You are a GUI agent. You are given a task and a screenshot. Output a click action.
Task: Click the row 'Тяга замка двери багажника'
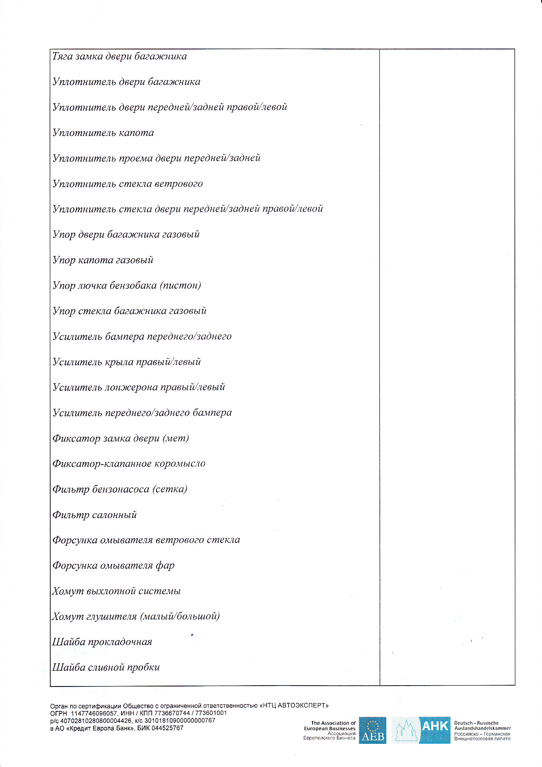pos(119,56)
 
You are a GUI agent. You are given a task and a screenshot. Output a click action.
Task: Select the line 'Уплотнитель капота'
pos(103,133)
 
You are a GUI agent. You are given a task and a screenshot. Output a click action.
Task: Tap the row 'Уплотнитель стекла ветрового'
pos(128,184)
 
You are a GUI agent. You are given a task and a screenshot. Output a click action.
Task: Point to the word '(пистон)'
pos(181,286)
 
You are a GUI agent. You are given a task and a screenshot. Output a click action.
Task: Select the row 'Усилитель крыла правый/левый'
pos(127,362)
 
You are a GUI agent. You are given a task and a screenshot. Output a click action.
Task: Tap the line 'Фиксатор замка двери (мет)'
pos(121,438)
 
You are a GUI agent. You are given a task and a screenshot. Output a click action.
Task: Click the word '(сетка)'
pos(170,489)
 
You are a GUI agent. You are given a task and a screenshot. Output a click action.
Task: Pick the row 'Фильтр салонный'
pos(94,515)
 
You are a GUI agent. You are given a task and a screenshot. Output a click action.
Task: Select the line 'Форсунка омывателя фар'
pos(114,566)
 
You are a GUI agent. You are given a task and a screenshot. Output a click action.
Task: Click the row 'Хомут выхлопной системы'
pos(116,591)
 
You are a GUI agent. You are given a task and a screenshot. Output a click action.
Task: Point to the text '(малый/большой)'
pos(180,616)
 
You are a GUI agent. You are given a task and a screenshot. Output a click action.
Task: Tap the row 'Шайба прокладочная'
pos(102,642)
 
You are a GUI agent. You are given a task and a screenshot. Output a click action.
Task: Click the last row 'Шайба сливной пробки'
pos(106,668)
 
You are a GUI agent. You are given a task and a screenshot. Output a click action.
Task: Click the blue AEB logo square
pos(372,730)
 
